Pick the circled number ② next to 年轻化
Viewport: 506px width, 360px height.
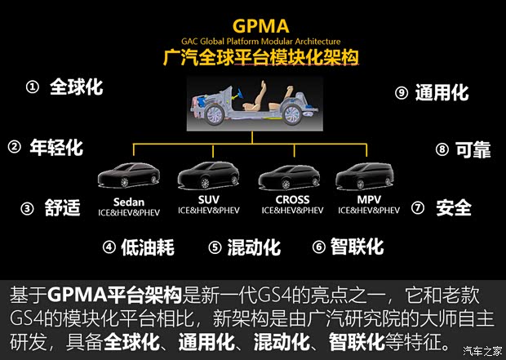[x=14, y=148]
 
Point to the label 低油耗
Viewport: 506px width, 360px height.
[x=149, y=247]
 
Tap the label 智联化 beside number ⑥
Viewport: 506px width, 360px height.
[x=357, y=246]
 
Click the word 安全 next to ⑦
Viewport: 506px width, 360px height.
[x=454, y=208]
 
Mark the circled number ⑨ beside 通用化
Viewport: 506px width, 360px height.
[x=401, y=93]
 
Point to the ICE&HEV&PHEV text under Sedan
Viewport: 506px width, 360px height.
[x=126, y=211]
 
